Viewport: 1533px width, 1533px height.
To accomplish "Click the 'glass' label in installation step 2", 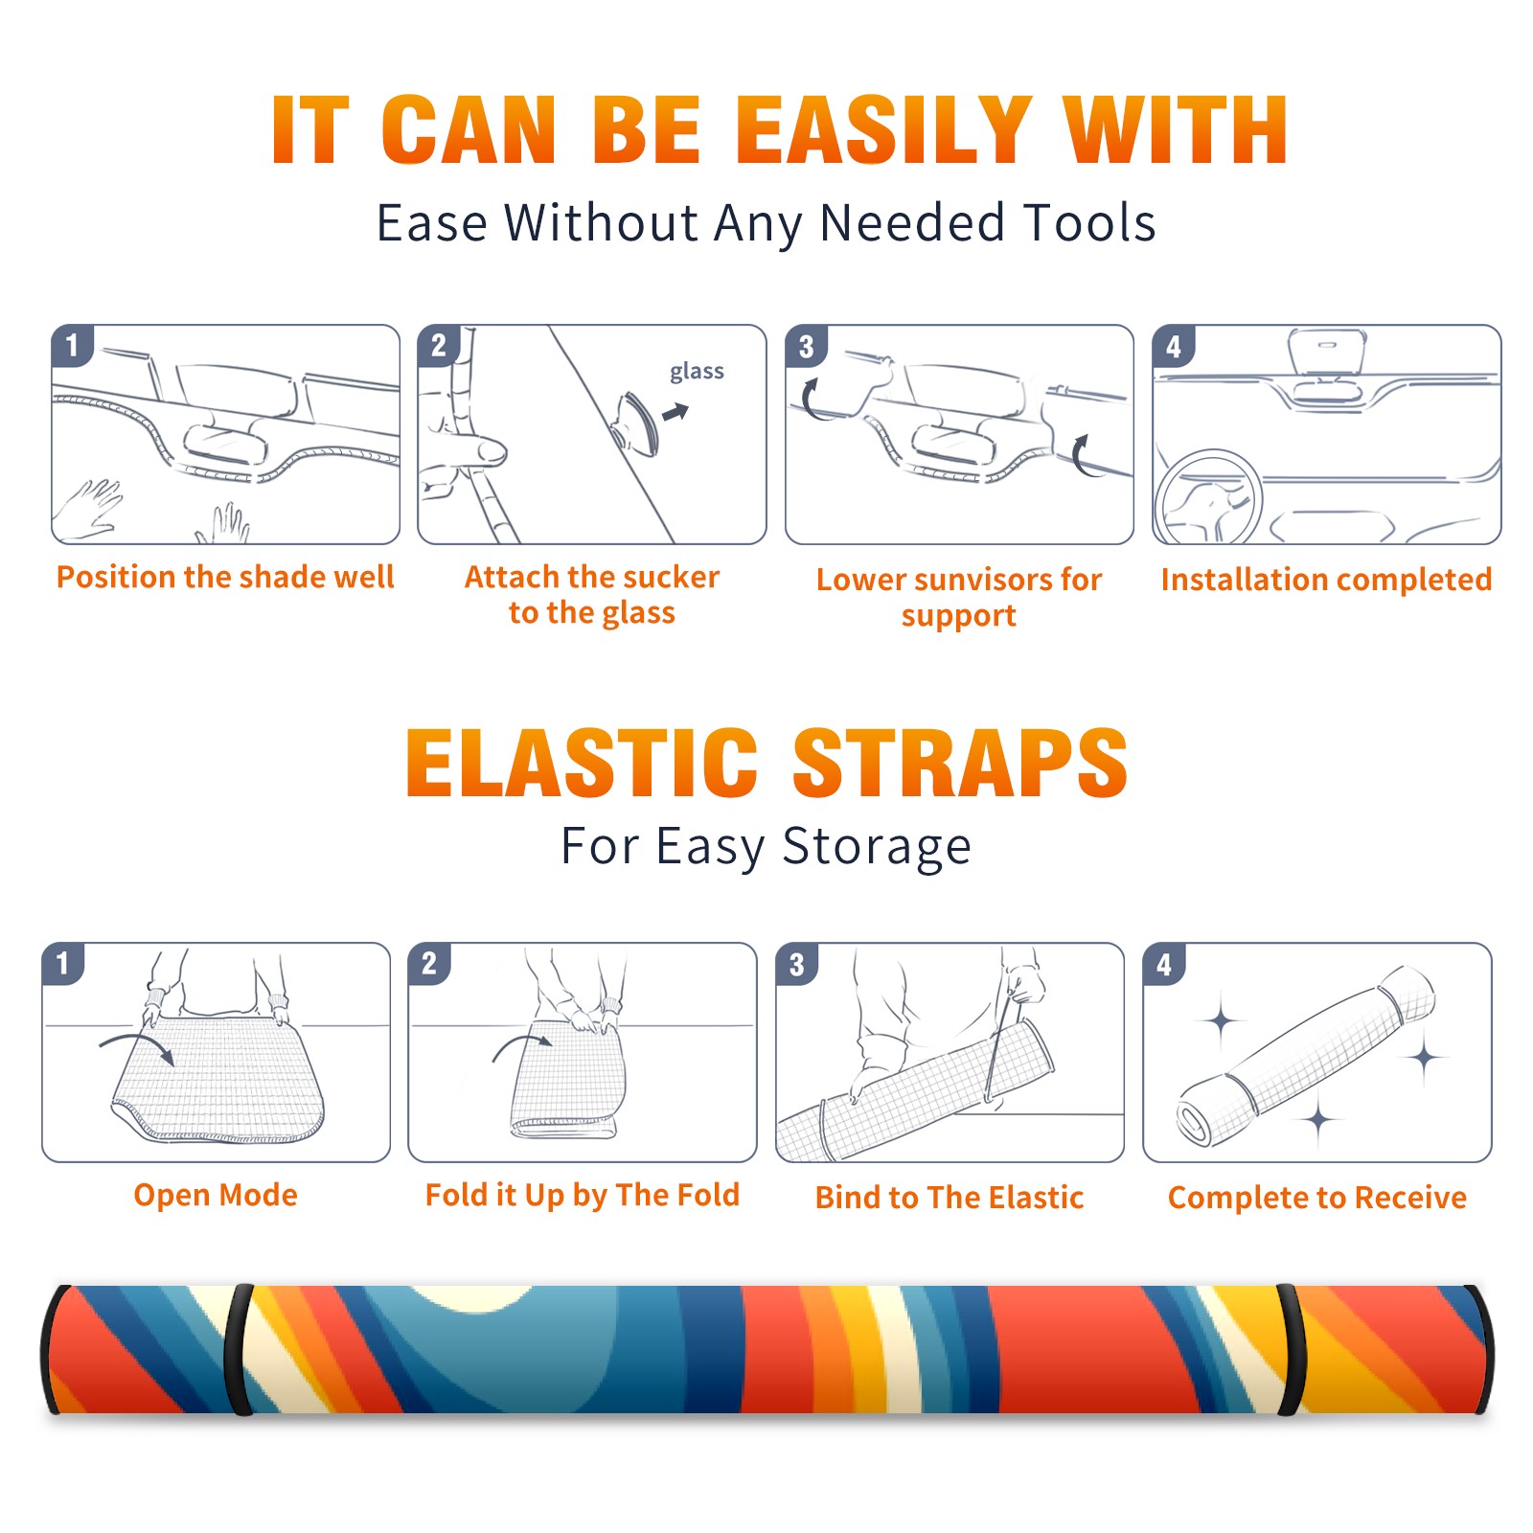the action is pyautogui.click(x=697, y=372).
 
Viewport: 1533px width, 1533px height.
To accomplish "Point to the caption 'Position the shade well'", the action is pyautogui.click(x=225, y=577).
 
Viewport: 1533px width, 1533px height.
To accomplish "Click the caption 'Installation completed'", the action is pyautogui.click(x=1326, y=579).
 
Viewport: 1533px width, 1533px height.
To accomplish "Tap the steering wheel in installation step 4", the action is pyautogui.click(x=1209, y=498).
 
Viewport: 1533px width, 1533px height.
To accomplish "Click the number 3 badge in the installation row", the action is pyautogui.click(x=806, y=346).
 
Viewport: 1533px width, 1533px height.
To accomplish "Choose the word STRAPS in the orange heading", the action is pyautogui.click(x=960, y=763).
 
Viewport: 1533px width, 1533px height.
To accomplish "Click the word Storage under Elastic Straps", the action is pyautogui.click(x=877, y=847).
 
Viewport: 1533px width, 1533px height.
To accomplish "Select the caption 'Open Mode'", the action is pyautogui.click(x=216, y=1195).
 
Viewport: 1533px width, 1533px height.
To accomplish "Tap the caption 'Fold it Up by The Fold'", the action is pyautogui.click(x=583, y=1195).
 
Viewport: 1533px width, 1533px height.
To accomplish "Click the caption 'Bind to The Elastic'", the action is pyautogui.click(x=950, y=1198).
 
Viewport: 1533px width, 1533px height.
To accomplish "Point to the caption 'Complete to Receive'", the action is pyautogui.click(x=1317, y=1198).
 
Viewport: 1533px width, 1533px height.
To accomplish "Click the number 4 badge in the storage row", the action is pyautogui.click(x=1164, y=964).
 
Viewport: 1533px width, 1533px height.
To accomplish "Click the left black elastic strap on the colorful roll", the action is pyautogui.click(x=239, y=1350).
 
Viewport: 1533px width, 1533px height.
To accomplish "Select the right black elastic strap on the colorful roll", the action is pyautogui.click(x=1290, y=1350).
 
